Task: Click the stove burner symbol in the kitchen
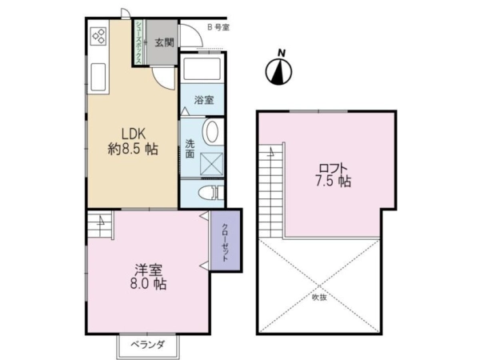point(99,36)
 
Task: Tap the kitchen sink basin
point(98,77)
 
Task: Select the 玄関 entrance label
point(164,42)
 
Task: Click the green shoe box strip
point(138,42)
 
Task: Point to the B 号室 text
point(218,27)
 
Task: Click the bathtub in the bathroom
point(202,69)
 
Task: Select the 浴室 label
point(204,100)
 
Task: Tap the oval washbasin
point(211,132)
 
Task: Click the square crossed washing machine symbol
point(212,164)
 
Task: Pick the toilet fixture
point(210,193)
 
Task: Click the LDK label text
point(133,134)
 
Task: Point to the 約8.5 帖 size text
point(133,150)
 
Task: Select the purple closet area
point(226,241)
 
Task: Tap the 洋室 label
point(149,270)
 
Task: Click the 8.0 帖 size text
point(149,284)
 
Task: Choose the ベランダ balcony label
point(148,345)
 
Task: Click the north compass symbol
point(278,69)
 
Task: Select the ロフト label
point(333,169)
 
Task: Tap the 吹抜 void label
point(319,298)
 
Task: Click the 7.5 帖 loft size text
point(333,182)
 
